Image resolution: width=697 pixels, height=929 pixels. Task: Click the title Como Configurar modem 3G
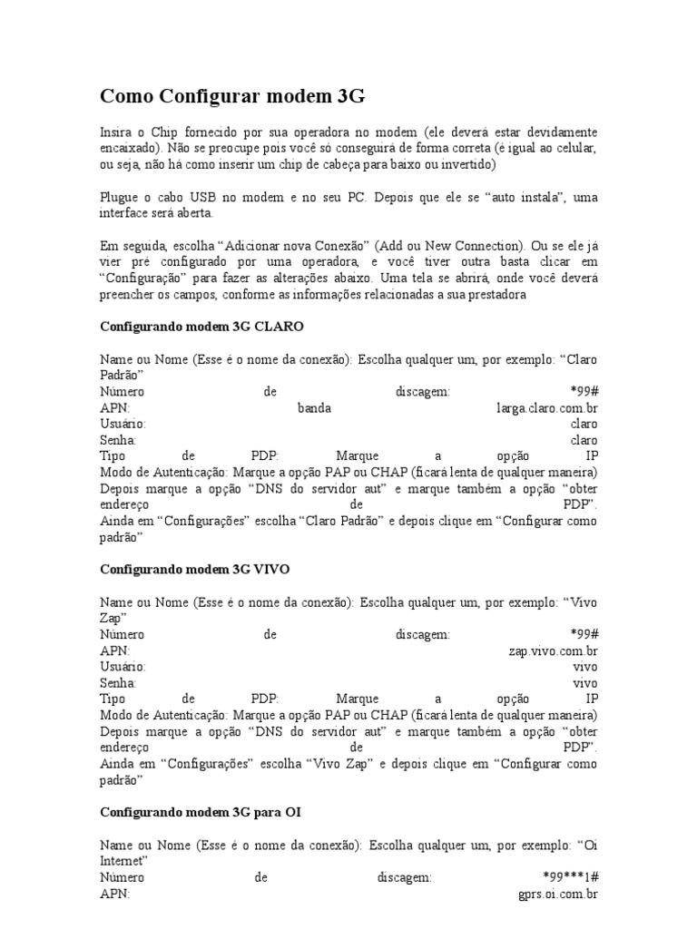click(x=231, y=97)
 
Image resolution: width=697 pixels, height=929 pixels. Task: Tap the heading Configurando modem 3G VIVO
click(x=206, y=569)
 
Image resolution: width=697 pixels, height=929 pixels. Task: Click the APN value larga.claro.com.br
click(x=546, y=408)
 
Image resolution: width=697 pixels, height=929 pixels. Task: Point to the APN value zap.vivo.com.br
click(x=553, y=651)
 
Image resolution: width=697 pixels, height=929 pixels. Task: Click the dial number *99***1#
click(x=569, y=878)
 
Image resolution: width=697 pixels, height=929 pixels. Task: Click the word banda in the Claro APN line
click(x=314, y=408)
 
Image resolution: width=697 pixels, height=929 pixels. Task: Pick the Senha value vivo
click(x=585, y=682)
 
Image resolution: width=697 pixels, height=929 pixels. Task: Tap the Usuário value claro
click(x=584, y=424)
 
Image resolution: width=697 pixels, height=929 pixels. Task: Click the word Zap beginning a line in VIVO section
click(x=110, y=619)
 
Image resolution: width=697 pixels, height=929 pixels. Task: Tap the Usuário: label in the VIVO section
click(x=122, y=667)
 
